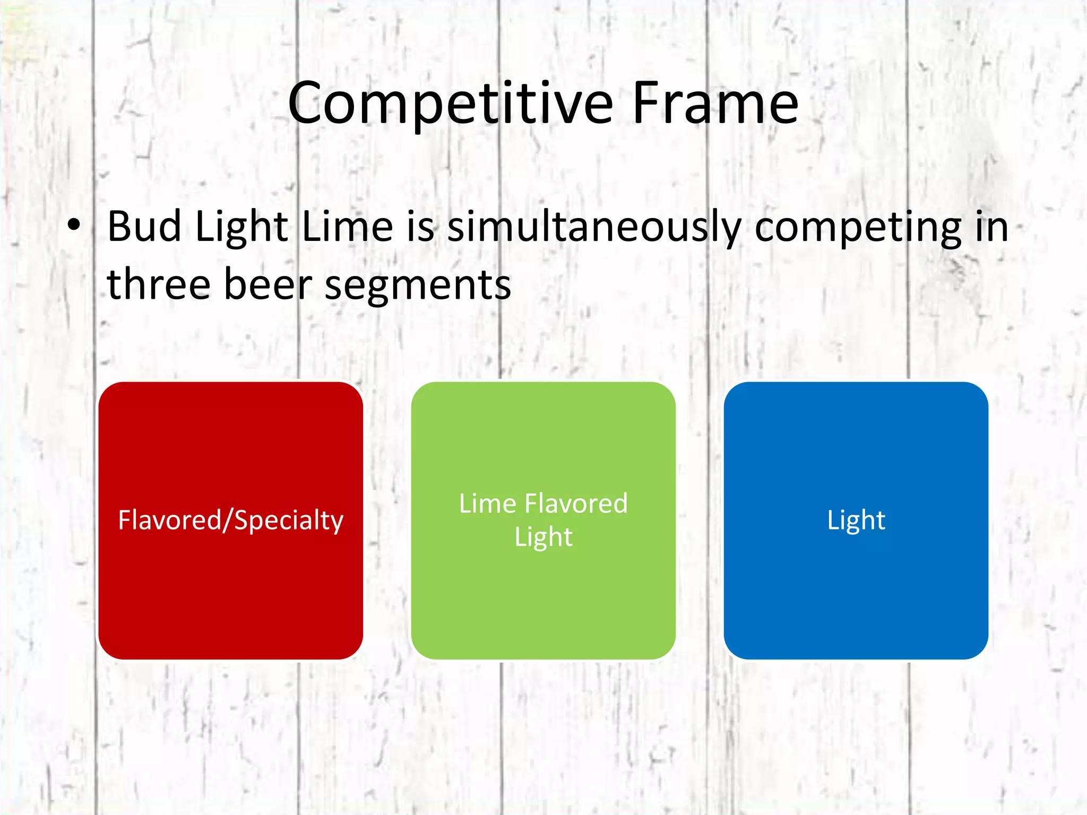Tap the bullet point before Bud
[74, 226]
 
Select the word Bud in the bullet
[144, 227]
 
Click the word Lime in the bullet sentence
[348, 227]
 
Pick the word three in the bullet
[158, 284]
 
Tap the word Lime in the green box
[487, 503]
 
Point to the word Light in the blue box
[856, 521]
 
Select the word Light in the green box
[543, 537]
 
